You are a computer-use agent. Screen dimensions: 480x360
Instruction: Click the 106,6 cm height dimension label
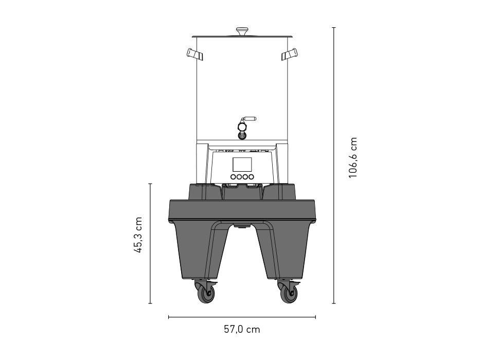[x=353, y=157]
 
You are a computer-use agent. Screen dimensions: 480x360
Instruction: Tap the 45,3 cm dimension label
[x=138, y=235]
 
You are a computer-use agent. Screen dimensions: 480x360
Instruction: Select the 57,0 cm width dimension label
[x=242, y=329]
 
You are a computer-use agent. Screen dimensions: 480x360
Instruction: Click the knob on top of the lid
[x=242, y=31]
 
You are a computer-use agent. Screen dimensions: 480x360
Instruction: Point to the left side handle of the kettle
[x=194, y=54]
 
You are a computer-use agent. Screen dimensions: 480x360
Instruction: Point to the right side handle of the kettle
[x=290, y=54]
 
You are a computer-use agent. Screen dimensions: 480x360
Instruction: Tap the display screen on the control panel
[x=242, y=165]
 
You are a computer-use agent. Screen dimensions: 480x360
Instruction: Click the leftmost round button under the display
[x=233, y=176]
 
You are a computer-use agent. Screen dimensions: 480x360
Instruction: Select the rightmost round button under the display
[x=251, y=176]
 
